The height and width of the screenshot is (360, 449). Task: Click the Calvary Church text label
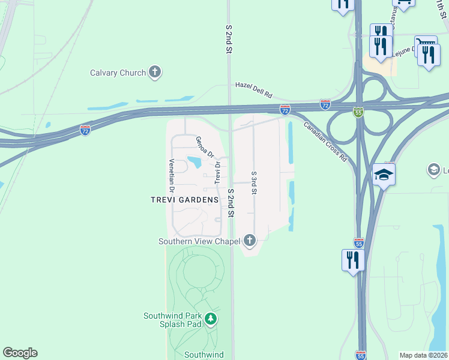pyautogui.click(x=118, y=73)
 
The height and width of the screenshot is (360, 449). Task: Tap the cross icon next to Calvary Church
pyautogui.click(x=155, y=73)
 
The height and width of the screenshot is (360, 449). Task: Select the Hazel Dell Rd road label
pyautogui.click(x=253, y=90)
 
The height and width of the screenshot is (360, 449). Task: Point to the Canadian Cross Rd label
pyautogui.click(x=325, y=142)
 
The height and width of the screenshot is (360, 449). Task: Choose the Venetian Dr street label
pyautogui.click(x=172, y=175)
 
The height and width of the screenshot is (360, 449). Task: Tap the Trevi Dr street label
pyautogui.click(x=218, y=172)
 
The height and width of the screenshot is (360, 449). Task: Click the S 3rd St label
pyautogui.click(x=254, y=182)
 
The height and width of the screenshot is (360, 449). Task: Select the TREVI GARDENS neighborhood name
pyautogui.click(x=184, y=200)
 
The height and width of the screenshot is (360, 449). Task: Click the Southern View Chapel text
pyautogui.click(x=199, y=241)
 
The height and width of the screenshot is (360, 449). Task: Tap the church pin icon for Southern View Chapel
pyautogui.click(x=250, y=241)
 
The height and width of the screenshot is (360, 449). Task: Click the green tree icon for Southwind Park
pyautogui.click(x=210, y=319)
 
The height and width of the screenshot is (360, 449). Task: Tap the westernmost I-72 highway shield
pyautogui.click(x=85, y=130)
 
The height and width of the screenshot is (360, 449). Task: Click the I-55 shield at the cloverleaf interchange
pyautogui.click(x=358, y=112)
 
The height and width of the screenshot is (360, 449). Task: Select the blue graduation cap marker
pyautogui.click(x=384, y=175)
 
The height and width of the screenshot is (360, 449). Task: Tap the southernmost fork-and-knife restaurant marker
pyautogui.click(x=353, y=260)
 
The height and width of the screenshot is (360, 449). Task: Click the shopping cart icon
pyautogui.click(x=425, y=44)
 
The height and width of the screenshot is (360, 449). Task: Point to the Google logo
pyautogui.click(x=20, y=353)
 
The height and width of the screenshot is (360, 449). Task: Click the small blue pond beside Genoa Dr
pyautogui.click(x=194, y=161)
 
